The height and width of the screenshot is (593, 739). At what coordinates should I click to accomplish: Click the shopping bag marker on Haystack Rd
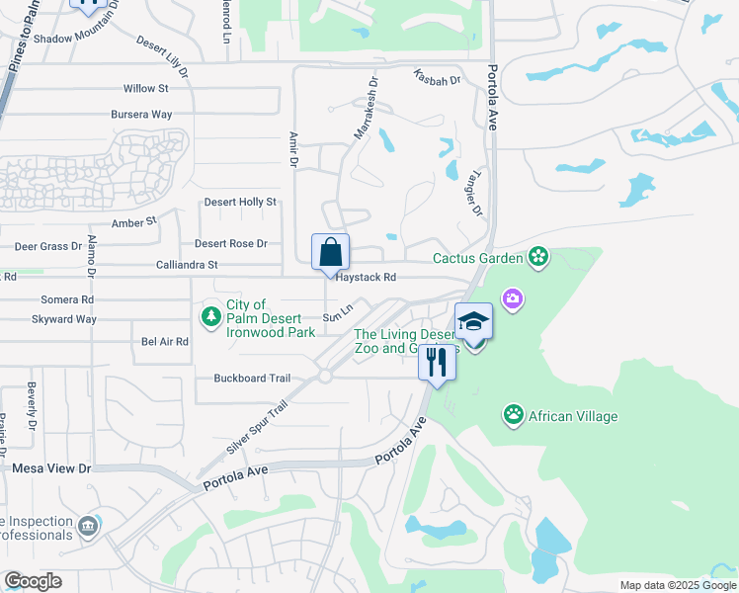tap(330, 252)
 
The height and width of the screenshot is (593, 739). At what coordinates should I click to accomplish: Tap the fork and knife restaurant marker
tap(437, 361)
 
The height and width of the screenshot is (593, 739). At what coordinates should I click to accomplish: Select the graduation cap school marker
tap(473, 322)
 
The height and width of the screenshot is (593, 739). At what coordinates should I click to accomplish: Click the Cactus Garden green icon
tap(538, 259)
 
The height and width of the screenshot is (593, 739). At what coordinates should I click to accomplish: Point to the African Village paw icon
tap(513, 415)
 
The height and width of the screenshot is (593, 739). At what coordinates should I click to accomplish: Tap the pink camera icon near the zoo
tap(512, 297)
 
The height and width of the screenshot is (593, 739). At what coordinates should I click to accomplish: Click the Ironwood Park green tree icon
tap(210, 316)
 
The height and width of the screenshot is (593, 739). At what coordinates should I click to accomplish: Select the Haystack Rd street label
tap(366, 278)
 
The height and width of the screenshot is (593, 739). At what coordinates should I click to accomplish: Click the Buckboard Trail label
tap(252, 379)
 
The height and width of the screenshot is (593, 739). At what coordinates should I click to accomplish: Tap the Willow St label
tap(146, 89)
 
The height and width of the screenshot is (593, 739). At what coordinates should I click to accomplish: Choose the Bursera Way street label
tap(141, 115)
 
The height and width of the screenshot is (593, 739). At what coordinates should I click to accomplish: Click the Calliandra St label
tap(187, 265)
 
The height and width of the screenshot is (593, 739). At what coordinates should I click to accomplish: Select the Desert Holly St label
tap(240, 202)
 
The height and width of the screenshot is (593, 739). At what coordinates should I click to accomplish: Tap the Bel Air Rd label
tap(165, 341)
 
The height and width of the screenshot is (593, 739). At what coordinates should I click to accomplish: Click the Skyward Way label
tap(64, 319)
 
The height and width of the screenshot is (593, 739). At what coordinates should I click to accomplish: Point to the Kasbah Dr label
tap(438, 78)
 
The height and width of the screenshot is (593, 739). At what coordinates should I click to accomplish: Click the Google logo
tap(33, 581)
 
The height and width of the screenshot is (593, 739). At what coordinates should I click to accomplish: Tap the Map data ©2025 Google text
tap(677, 585)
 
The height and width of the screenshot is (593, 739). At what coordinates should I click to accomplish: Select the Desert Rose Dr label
tap(231, 243)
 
